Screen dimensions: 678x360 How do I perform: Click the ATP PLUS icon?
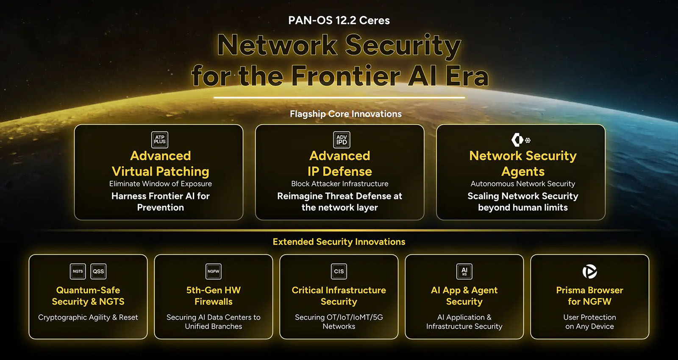[159, 140]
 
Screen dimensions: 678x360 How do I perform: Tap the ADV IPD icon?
[342, 140]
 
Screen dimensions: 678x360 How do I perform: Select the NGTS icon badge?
[78, 271]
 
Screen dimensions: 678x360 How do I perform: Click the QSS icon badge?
[98, 271]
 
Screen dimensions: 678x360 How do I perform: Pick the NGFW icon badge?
[214, 271]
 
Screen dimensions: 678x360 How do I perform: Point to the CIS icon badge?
[339, 271]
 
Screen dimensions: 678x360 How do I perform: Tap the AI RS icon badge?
[464, 271]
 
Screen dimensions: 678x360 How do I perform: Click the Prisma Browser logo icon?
[589, 271]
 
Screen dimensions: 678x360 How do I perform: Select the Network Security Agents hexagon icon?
[517, 140]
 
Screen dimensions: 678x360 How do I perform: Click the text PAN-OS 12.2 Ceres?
[339, 20]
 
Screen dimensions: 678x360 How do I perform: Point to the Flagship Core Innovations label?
[346, 114]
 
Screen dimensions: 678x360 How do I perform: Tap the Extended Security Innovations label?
[339, 242]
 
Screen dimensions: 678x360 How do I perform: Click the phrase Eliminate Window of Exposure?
[161, 184]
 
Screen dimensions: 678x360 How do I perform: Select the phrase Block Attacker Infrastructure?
[339, 184]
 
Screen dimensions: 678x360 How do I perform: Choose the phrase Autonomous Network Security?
[523, 184]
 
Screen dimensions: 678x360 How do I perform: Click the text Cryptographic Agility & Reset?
[88, 317]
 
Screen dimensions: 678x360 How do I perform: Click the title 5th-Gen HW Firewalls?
[214, 296]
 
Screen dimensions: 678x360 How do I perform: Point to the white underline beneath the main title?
[339, 98]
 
